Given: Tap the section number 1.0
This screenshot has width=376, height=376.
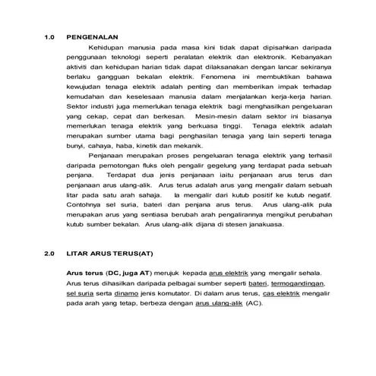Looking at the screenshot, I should coord(50,36).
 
